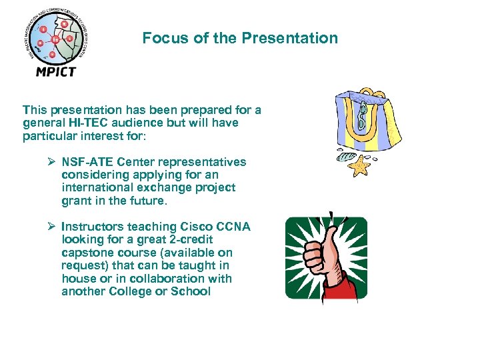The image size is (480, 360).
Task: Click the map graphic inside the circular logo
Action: click(x=55, y=39)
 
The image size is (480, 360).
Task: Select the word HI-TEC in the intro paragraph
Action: click(x=84, y=123)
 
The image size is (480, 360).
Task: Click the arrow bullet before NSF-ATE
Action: click(x=51, y=162)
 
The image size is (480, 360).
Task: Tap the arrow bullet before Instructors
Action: click(x=51, y=227)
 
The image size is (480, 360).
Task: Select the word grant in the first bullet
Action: click(x=75, y=201)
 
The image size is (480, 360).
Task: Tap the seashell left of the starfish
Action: click(x=343, y=158)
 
